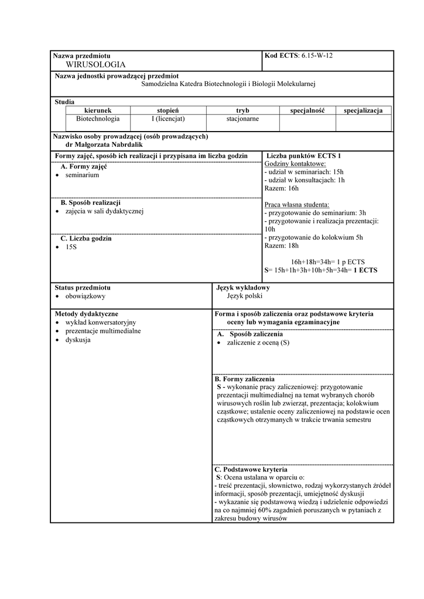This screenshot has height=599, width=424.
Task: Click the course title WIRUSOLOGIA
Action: point(96,64)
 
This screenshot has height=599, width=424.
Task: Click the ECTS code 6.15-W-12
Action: point(316,56)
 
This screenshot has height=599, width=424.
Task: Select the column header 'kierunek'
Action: point(98,110)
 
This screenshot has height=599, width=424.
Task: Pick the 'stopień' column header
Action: point(167,110)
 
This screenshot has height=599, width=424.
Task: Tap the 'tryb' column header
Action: point(242,110)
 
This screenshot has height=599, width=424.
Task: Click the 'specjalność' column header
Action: point(307,110)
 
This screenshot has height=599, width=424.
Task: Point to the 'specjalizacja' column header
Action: point(363,110)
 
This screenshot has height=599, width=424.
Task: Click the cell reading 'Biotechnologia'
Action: point(98,119)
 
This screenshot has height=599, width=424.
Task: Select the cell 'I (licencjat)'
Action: point(167,119)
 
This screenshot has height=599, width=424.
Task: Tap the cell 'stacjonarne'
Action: point(242,119)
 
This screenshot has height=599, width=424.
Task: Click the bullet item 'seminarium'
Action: point(82,175)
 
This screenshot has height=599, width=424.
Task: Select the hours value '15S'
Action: point(71,247)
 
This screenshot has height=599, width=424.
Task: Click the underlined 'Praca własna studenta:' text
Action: point(297,205)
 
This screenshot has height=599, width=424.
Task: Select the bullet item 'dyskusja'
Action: point(78,339)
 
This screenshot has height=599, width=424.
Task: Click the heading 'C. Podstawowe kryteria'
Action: point(251,470)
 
